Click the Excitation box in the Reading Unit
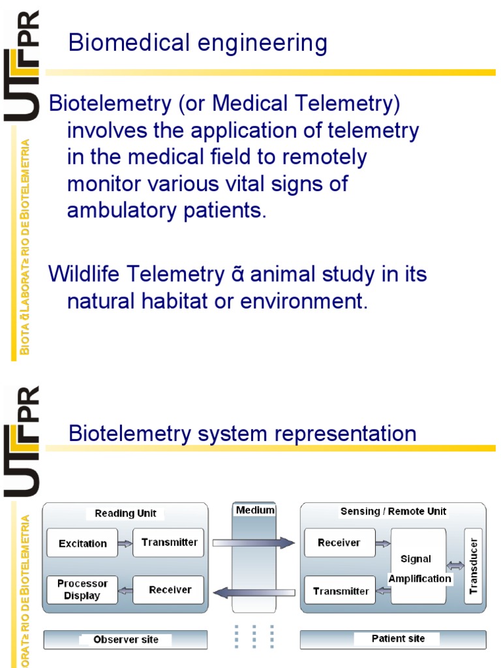(x=82, y=543)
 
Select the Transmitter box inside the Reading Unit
(x=168, y=542)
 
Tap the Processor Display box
(x=82, y=590)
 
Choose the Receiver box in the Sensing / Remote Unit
(x=339, y=543)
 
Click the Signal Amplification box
(x=418, y=566)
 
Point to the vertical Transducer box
(x=473, y=566)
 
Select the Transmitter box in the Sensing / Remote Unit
(x=341, y=591)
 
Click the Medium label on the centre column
(x=255, y=509)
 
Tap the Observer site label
(x=125, y=640)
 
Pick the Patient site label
(x=398, y=639)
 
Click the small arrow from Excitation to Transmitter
(x=125, y=543)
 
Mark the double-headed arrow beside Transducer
(x=455, y=566)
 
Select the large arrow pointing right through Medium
(x=254, y=541)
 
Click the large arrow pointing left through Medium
(x=254, y=592)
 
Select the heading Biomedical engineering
(x=198, y=44)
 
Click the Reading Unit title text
(x=125, y=513)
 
